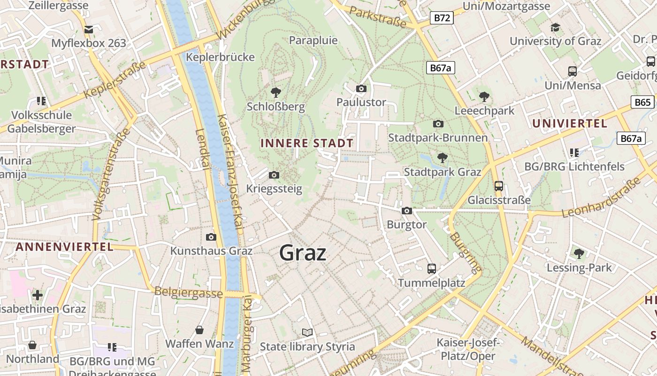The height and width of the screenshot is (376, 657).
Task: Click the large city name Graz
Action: click(x=303, y=253)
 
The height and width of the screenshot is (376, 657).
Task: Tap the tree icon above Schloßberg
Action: click(x=275, y=92)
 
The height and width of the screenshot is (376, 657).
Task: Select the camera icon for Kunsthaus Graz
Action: click(x=211, y=237)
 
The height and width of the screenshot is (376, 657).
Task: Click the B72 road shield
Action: click(x=442, y=18)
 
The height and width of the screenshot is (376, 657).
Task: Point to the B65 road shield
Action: click(x=642, y=102)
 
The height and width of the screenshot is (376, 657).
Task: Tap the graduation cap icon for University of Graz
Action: click(x=555, y=27)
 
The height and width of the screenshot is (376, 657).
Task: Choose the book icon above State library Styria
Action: click(x=307, y=333)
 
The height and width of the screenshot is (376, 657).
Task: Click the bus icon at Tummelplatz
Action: click(x=432, y=269)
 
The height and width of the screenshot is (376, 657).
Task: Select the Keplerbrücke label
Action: click(x=221, y=57)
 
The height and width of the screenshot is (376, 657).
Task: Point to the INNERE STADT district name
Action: click(x=307, y=143)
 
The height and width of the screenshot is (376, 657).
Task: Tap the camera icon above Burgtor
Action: click(x=407, y=211)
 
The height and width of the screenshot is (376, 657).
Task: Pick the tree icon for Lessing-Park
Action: click(x=579, y=254)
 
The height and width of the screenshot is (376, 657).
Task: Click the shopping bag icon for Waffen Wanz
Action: click(x=199, y=330)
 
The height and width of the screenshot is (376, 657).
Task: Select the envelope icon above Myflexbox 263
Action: click(x=89, y=30)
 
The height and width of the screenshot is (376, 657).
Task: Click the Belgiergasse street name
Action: click(x=189, y=292)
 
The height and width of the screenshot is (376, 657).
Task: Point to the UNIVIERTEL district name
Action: click(x=570, y=124)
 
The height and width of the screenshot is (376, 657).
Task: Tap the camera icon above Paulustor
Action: click(x=361, y=88)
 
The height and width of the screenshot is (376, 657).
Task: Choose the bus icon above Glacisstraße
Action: click(x=499, y=186)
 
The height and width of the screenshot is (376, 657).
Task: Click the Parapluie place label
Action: click(x=313, y=40)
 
